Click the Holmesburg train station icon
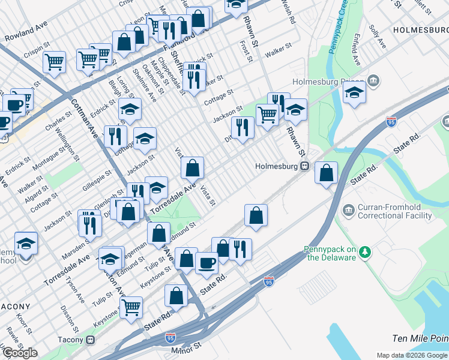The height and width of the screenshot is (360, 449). click(304, 166)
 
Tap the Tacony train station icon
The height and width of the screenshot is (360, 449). click(91, 340)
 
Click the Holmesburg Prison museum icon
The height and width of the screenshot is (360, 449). click(373, 81)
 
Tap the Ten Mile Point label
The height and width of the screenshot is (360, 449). click(420, 339)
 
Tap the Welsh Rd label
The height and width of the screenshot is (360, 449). click(289, 12)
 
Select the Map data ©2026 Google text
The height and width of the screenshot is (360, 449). click(411, 355)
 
